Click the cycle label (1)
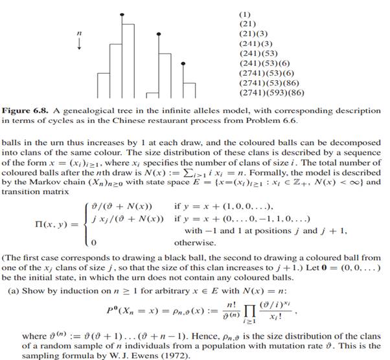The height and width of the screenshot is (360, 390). pos(244,14)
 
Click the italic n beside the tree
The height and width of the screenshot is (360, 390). pos(79,32)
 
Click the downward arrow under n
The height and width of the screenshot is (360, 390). pos(79,43)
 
